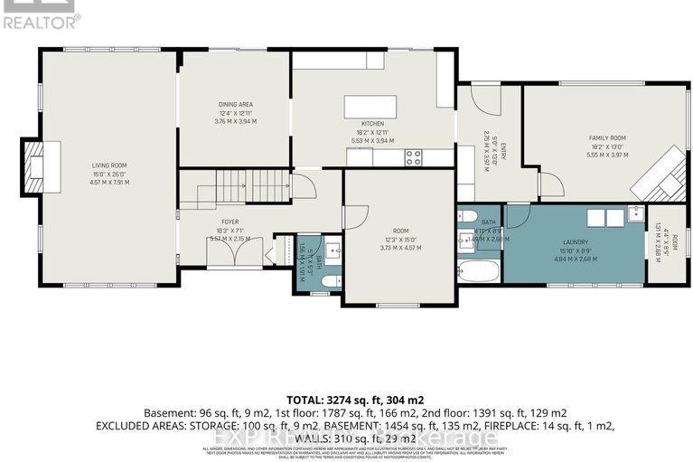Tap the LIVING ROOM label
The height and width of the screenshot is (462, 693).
click(108, 165)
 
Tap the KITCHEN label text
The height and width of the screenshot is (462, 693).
click(372, 123)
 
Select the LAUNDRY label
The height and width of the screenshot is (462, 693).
click(576, 242)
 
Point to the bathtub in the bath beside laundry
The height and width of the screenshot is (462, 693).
click(478, 272)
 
